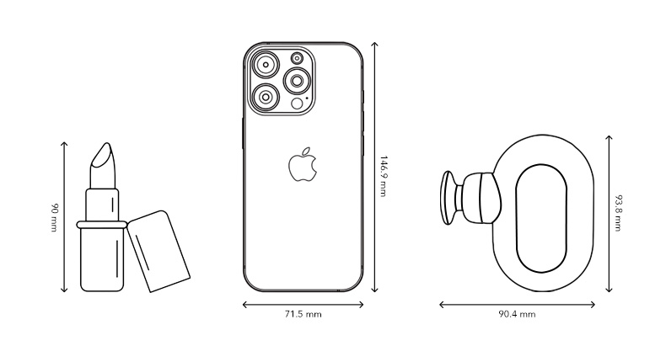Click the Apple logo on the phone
(303, 165)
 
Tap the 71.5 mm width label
(303, 315)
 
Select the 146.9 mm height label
(383, 176)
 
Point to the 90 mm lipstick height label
(54, 218)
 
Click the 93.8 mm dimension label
(619, 213)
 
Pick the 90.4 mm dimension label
(517, 315)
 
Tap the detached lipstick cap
(158, 251)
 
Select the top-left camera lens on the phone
(266, 65)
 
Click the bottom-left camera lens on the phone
(266, 97)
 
